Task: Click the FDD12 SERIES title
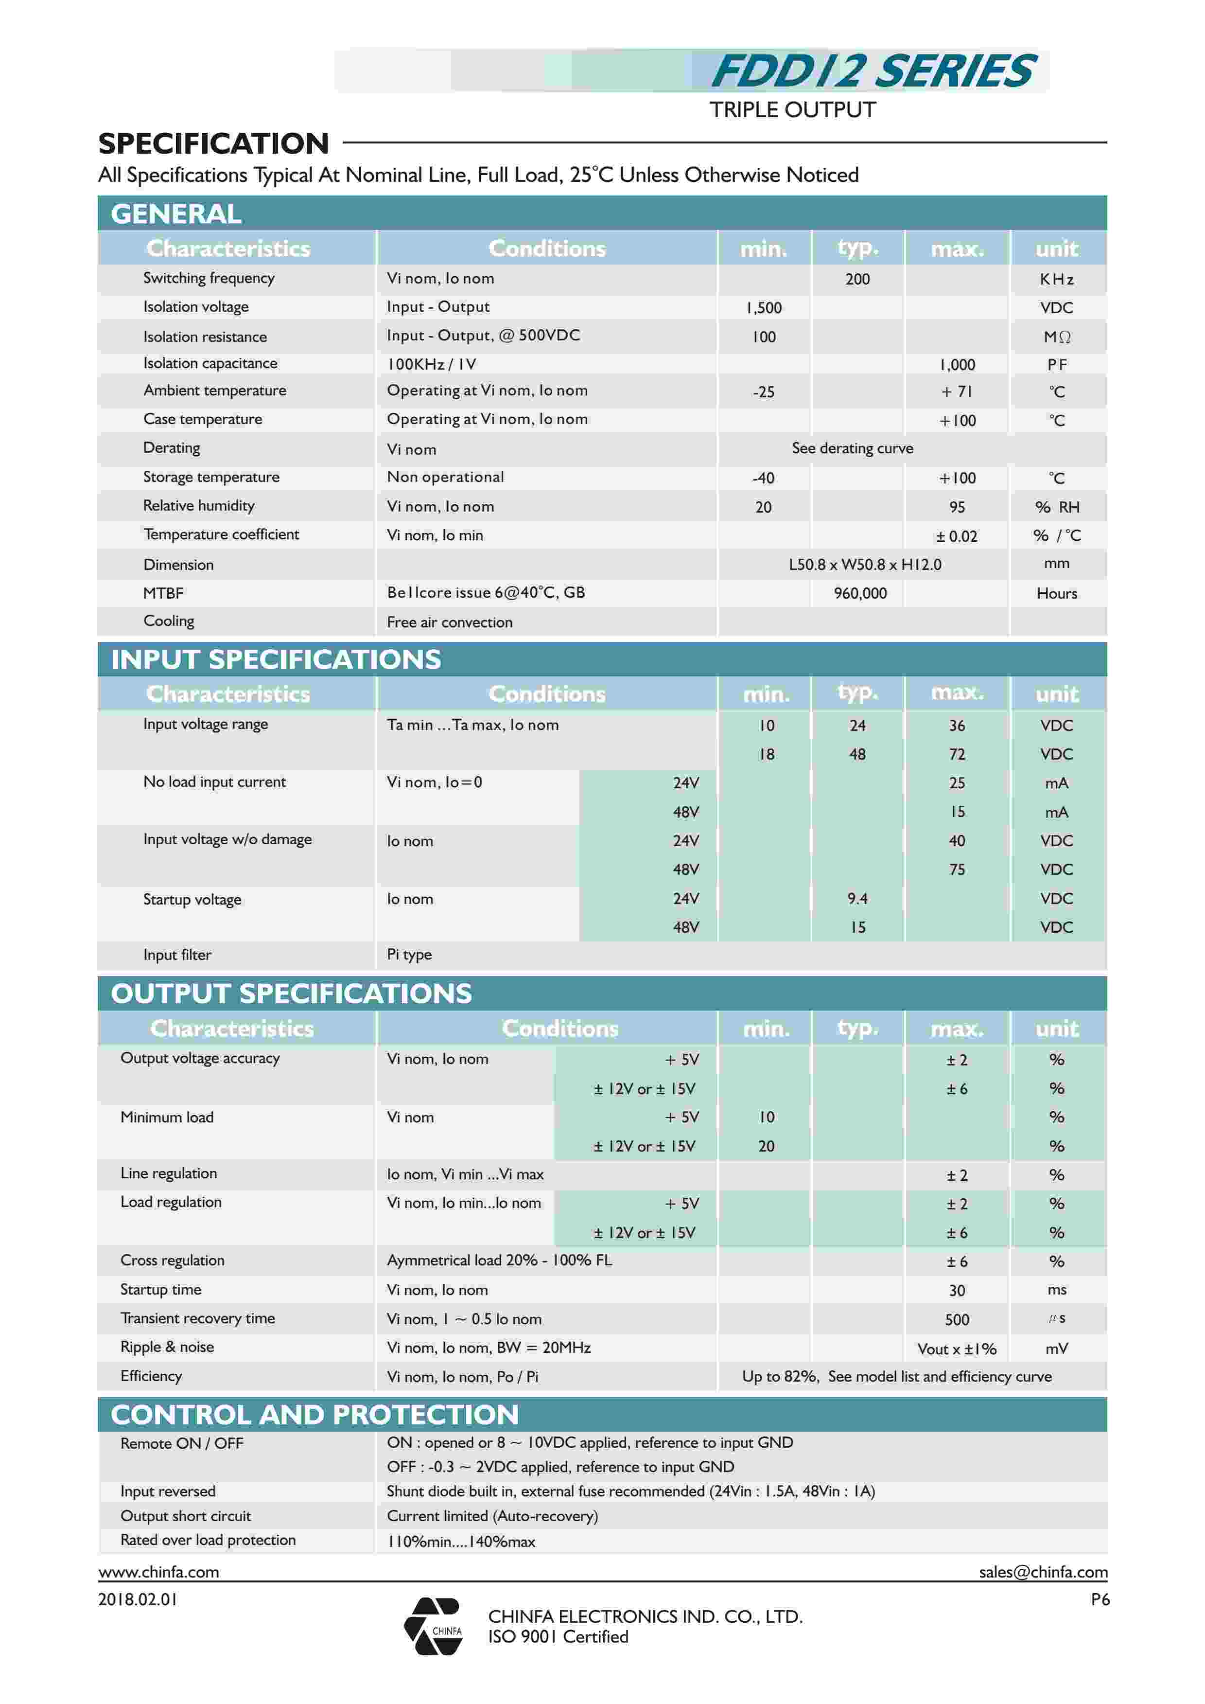tap(873, 71)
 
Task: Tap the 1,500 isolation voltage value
tap(764, 308)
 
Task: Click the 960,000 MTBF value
tap(860, 593)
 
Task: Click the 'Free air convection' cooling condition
tap(449, 622)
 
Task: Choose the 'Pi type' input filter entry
tap(409, 955)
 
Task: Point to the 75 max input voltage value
tap(957, 869)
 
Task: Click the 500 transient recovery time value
tap(957, 1319)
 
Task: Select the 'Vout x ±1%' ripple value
tap(957, 1349)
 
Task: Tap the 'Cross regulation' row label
tap(172, 1260)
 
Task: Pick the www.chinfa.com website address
tap(159, 1571)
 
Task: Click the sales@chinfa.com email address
tap(1043, 1571)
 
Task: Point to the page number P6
tap(1100, 1599)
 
